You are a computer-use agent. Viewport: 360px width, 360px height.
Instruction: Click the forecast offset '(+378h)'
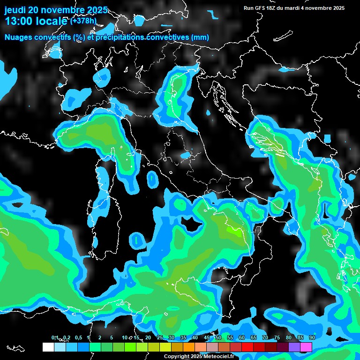(83, 21)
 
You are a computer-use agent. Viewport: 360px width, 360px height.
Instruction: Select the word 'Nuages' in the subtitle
(19, 37)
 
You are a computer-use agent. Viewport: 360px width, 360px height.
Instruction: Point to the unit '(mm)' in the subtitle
(200, 37)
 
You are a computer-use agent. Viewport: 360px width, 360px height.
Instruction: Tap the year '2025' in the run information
(336, 8)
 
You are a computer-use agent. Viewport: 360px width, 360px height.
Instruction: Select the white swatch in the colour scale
(48, 347)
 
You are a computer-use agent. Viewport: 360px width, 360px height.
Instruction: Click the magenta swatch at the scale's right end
(306, 347)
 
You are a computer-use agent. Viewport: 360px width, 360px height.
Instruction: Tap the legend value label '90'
(312, 337)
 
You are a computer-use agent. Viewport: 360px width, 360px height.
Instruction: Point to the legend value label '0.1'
(55, 337)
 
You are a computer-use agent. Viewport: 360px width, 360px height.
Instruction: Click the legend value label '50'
(218, 337)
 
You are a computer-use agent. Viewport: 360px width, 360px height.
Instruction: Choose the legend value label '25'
(160, 337)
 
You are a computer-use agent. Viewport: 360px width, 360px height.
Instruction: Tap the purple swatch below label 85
(294, 347)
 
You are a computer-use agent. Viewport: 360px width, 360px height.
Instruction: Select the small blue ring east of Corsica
(152, 179)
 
